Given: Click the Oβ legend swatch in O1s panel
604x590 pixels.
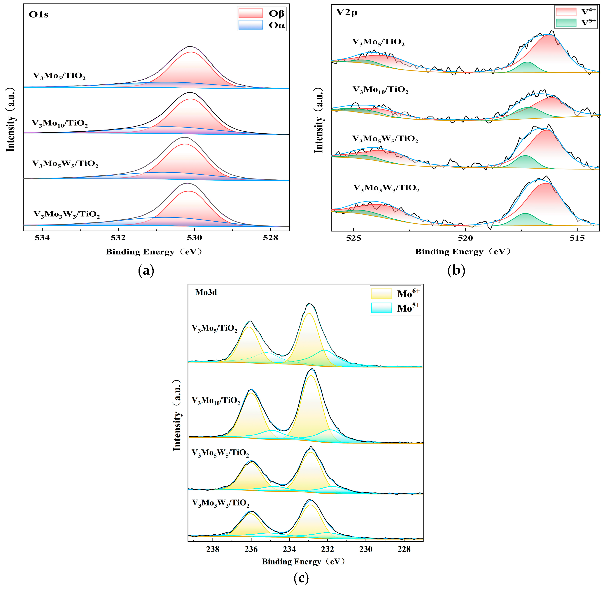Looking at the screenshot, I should (x=250, y=13).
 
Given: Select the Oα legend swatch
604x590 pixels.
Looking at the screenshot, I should (x=250, y=25).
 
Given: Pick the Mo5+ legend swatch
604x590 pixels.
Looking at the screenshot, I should (x=381, y=308).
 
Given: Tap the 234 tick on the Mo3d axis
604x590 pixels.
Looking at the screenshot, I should (x=289, y=549).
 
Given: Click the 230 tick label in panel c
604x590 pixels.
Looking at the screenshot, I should (x=366, y=549).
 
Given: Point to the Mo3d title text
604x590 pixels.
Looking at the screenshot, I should (x=206, y=292).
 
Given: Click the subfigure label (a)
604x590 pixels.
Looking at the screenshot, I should (x=146, y=271).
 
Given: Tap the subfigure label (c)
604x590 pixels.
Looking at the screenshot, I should (x=301, y=578).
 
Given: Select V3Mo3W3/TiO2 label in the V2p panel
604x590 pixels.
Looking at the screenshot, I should (x=386, y=188).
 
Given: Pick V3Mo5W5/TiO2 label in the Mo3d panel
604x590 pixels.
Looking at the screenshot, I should (x=220, y=453).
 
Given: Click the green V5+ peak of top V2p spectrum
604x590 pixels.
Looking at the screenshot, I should (x=527, y=68).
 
